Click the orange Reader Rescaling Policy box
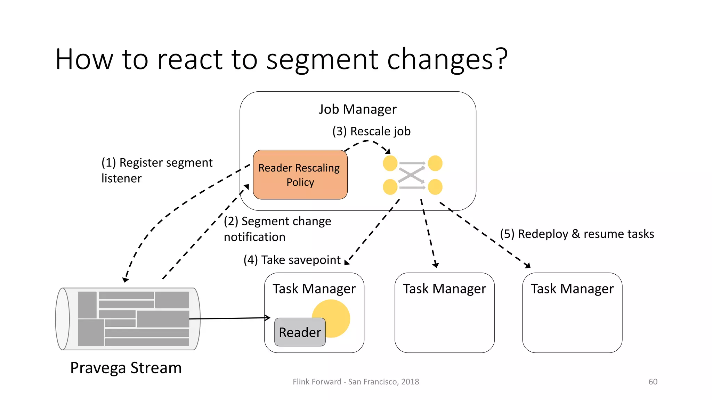(300, 175)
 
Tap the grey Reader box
(300, 332)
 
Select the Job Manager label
(357, 109)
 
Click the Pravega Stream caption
(126, 368)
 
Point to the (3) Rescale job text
(371, 131)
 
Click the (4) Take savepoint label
(292, 260)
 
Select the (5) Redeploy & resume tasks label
(577, 234)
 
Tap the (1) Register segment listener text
(157, 170)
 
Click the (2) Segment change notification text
(277, 229)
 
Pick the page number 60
(653, 382)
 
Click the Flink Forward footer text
(356, 382)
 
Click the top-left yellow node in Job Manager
(390, 163)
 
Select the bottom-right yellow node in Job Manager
(435, 187)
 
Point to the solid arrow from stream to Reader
(229, 318)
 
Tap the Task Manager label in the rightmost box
(572, 289)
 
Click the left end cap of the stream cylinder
(63, 319)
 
